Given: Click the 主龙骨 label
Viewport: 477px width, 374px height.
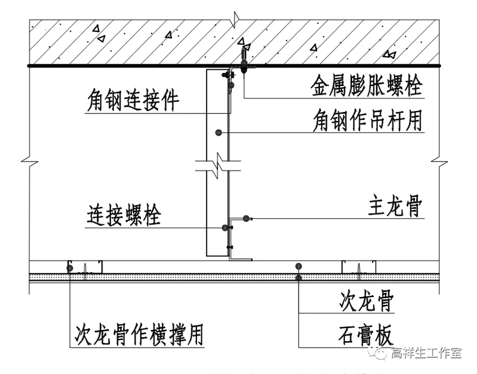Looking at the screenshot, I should point(395,207).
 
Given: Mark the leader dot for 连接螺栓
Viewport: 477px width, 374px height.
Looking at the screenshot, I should point(224,227).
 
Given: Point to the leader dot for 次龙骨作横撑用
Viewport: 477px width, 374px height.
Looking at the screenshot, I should point(70,269).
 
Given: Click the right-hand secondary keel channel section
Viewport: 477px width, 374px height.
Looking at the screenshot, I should point(358,266).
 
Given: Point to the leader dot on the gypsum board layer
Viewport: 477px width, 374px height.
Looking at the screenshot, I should point(298,277).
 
